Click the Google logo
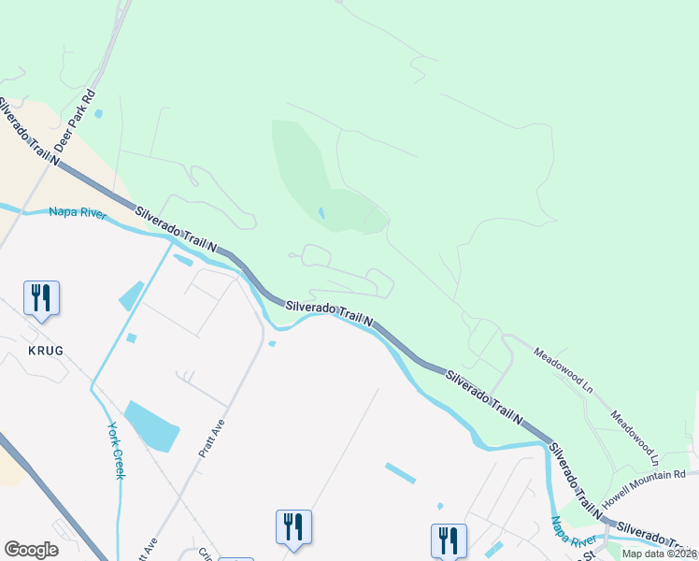(31, 550)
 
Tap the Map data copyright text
(660, 554)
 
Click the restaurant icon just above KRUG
(41, 298)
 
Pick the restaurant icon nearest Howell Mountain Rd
(449, 539)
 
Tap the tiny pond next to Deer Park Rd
(98, 114)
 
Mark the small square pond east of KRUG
(131, 338)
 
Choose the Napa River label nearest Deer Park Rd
(78, 213)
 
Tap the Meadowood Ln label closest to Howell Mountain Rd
(635, 439)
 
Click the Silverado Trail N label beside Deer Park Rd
(31, 131)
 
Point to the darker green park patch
(308, 173)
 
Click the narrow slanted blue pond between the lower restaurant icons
(400, 473)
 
